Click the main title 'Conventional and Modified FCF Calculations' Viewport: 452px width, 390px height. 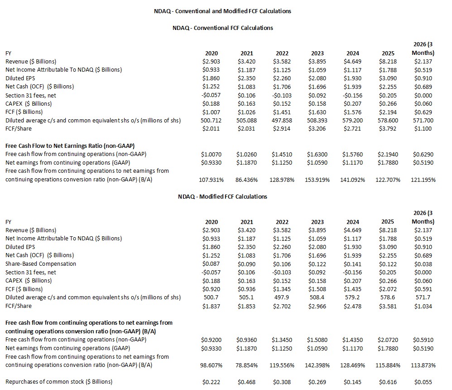[x=222, y=11]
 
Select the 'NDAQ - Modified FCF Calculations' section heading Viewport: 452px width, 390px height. [x=222, y=196]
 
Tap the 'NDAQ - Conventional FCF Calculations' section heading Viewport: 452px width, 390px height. [x=222, y=28]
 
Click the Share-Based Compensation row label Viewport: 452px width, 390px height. [x=41, y=263]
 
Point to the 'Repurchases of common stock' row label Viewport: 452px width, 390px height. [x=59, y=381]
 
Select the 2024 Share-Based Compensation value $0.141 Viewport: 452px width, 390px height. [x=353, y=263]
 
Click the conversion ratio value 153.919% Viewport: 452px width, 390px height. [x=317, y=180]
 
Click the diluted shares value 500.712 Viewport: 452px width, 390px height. [x=212, y=120]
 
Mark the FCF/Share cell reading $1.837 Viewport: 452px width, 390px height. [x=212, y=306]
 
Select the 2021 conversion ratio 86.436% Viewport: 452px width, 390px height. [x=247, y=180]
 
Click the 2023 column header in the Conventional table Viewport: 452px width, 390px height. [x=317, y=53]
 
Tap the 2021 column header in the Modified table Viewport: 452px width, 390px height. [x=247, y=222]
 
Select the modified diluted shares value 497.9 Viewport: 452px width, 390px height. [x=282, y=297]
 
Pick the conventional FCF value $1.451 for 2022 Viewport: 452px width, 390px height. [x=282, y=112]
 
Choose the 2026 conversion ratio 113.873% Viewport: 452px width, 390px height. [x=423, y=365]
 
